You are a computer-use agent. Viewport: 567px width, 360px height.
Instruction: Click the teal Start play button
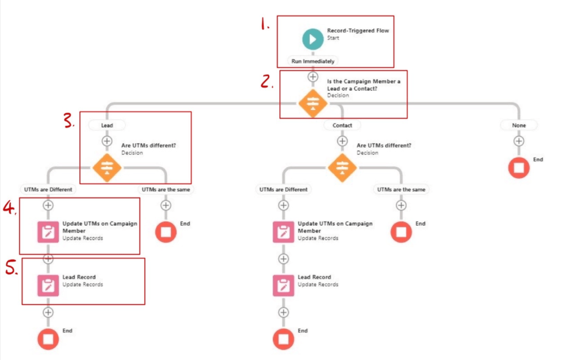pyautogui.click(x=313, y=39)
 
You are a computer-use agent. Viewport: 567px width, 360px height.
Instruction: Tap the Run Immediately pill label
pyautogui.click(x=313, y=61)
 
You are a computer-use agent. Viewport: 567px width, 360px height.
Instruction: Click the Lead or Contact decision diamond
pyautogui.click(x=313, y=103)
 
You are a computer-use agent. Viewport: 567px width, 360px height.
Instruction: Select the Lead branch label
pyautogui.click(x=107, y=125)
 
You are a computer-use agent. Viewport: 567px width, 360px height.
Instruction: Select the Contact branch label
pyautogui.click(x=342, y=125)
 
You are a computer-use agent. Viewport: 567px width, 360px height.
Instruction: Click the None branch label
pyautogui.click(x=519, y=125)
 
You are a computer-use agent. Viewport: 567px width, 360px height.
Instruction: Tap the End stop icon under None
pyautogui.click(x=519, y=168)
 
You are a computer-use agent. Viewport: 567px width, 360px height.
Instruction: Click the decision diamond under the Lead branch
pyautogui.click(x=107, y=167)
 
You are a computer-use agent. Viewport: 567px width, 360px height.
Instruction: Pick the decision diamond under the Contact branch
pyautogui.click(x=342, y=167)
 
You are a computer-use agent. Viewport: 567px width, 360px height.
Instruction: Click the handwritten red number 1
pyautogui.click(x=265, y=24)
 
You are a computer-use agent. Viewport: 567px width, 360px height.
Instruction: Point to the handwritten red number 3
pyautogui.click(x=69, y=120)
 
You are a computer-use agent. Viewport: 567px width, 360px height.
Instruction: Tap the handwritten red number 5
pyautogui.click(x=11, y=268)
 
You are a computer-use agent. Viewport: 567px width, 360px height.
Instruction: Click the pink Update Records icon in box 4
pyautogui.click(x=48, y=232)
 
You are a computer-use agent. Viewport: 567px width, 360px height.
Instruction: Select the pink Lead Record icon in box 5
pyautogui.click(x=48, y=285)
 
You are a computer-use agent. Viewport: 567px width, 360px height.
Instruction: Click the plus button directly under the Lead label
pyautogui.click(x=107, y=141)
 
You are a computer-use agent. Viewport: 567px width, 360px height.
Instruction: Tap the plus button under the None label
pyautogui.click(x=519, y=141)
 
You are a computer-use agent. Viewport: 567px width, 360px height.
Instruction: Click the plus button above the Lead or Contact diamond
pyautogui.click(x=313, y=77)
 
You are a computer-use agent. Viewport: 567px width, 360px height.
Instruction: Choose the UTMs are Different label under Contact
pyautogui.click(x=283, y=189)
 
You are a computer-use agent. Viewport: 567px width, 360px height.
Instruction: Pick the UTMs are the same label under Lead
pyautogui.click(x=166, y=189)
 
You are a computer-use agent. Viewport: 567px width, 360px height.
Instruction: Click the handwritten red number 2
pyautogui.click(x=267, y=81)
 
